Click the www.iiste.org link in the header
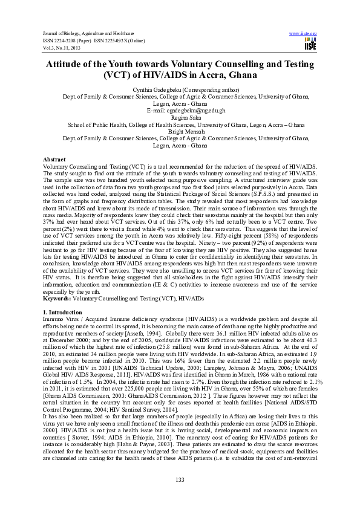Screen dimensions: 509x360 pos(303,34)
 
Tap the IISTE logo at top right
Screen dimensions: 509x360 pos(310,45)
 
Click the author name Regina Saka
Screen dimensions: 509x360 pos(179,118)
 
